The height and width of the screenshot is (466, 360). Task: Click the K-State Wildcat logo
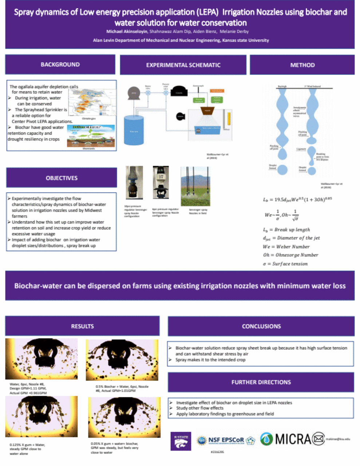coord(181,441)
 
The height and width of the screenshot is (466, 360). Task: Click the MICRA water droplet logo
coord(266,439)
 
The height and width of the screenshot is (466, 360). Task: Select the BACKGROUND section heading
coord(60,64)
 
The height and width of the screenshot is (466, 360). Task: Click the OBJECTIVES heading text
coord(62,178)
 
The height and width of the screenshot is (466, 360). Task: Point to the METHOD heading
coord(302,65)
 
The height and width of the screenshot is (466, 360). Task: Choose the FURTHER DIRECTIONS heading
coord(261,382)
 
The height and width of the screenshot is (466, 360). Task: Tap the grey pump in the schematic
coord(134,93)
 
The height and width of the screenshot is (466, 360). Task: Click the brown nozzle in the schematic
coord(207,111)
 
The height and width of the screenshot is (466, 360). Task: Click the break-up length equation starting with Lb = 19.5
coord(297,200)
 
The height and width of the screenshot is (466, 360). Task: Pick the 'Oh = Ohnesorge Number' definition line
coord(290,255)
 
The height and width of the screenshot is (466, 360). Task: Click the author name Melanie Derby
coord(234,32)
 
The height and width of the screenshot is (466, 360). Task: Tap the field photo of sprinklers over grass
coord(195,186)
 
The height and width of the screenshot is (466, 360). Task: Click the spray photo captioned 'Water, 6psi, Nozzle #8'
coord(41,359)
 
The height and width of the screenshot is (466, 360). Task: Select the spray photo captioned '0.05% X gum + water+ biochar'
coord(124,417)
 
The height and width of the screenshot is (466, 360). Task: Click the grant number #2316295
coord(217,452)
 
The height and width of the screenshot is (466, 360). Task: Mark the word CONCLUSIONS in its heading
coord(261,326)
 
